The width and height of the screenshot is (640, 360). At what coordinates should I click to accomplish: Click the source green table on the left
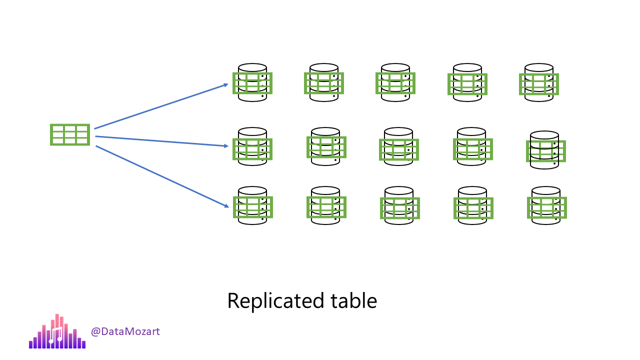[70, 135]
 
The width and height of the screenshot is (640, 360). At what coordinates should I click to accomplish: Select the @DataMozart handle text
[125, 331]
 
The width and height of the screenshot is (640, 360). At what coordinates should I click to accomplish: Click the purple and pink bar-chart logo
[57, 332]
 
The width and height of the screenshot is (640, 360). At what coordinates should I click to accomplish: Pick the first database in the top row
[252, 82]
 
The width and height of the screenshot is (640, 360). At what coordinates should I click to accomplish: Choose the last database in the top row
[538, 83]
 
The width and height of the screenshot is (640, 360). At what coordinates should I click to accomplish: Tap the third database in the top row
[395, 82]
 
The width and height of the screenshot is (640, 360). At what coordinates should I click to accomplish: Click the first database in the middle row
[252, 147]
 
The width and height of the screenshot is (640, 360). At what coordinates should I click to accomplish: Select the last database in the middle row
[545, 150]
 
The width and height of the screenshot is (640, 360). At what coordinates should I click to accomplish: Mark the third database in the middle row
[398, 147]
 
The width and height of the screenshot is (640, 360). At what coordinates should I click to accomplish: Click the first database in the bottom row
[252, 206]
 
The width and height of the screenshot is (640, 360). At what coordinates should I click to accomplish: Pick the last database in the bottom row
[546, 206]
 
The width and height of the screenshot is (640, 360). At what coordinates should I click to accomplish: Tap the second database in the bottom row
[326, 206]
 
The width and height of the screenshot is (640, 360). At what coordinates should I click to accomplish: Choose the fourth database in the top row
[467, 83]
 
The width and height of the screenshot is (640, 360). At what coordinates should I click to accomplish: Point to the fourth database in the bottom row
[473, 206]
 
